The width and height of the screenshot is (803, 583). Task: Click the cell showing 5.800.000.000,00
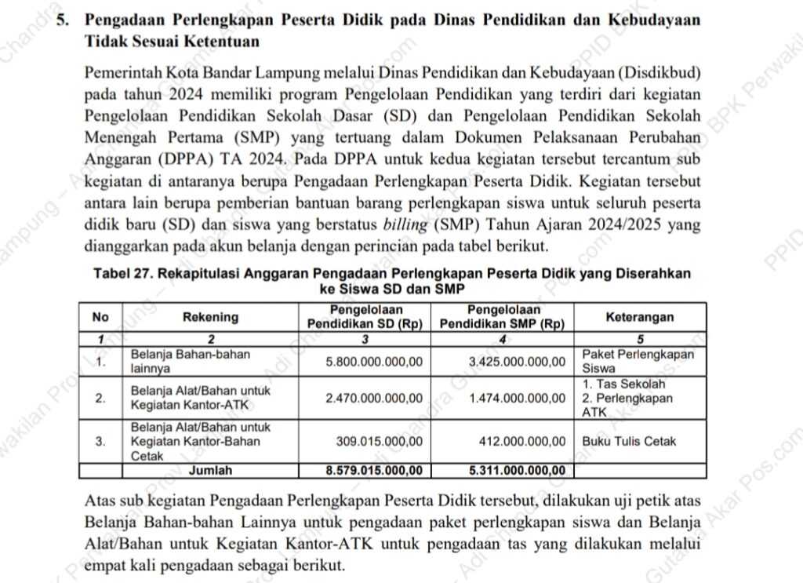click(374, 362)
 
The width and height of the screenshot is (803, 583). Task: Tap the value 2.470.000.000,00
click(374, 398)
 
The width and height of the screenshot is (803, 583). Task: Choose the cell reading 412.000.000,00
click(522, 441)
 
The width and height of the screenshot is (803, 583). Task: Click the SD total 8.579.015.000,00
click(374, 470)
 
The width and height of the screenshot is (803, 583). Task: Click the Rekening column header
click(210, 317)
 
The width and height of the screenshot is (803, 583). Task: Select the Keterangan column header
click(640, 317)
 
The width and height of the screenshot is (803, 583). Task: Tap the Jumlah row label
click(210, 470)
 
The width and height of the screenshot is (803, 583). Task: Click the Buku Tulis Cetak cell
click(629, 441)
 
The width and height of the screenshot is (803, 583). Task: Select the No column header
click(100, 317)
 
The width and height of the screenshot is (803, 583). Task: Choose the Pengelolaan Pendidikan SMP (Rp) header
click(503, 317)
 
